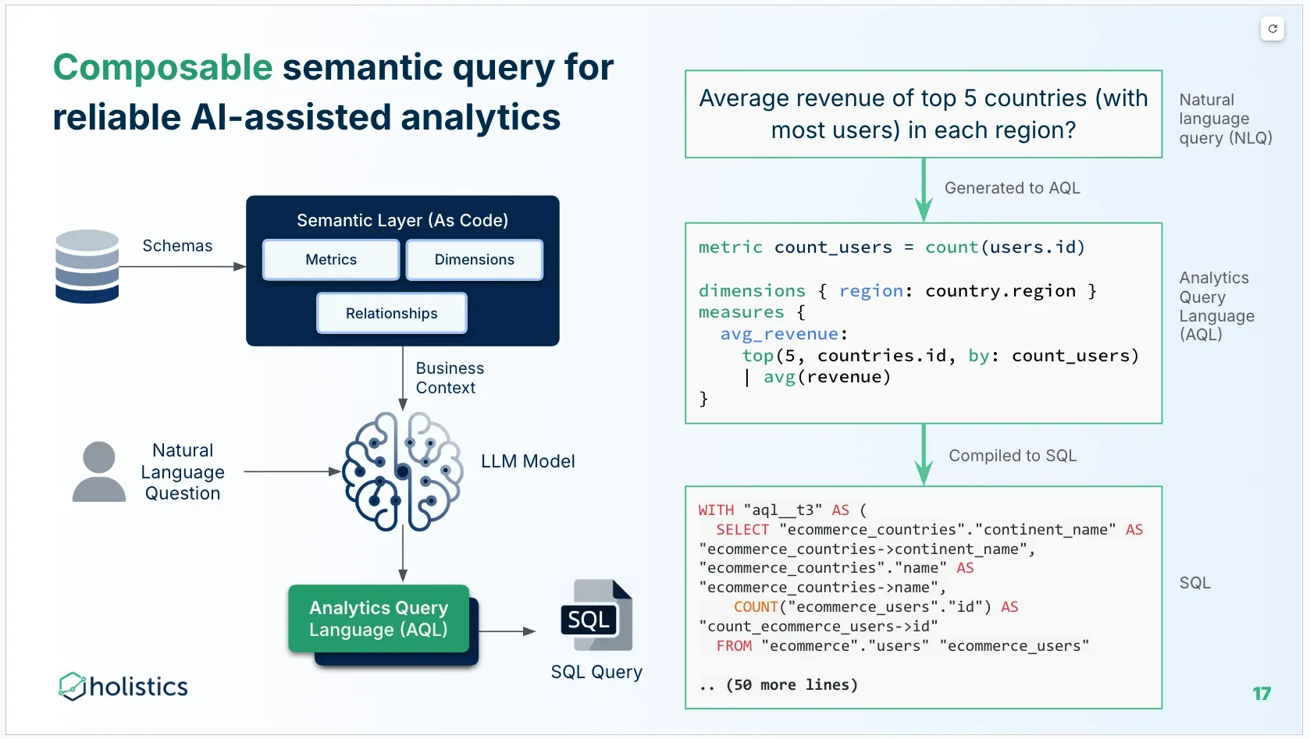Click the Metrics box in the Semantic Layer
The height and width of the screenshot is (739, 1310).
[x=331, y=260]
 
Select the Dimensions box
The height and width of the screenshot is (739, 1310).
[x=474, y=260]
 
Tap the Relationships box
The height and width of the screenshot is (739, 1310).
[x=391, y=313]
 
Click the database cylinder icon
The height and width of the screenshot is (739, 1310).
[x=87, y=266]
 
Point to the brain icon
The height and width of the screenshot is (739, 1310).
[x=403, y=471]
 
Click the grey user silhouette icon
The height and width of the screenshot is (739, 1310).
[x=99, y=471]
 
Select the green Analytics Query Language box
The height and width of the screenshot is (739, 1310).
[x=379, y=619]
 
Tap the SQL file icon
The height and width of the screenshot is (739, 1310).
[x=596, y=616]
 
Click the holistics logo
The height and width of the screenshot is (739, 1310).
[x=123, y=686]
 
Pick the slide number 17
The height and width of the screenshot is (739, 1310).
[x=1262, y=694]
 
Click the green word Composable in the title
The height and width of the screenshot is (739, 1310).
[x=162, y=67]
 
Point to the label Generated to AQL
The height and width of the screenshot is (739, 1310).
[x=1012, y=188]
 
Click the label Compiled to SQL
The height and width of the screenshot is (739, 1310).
[x=1012, y=456]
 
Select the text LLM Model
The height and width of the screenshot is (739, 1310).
[x=528, y=461]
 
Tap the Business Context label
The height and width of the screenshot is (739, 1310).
[x=449, y=378]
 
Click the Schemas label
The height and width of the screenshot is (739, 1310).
[x=177, y=246]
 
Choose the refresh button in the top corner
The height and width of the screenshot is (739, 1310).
[x=1273, y=29]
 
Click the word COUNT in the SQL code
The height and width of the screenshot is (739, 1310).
[x=756, y=607]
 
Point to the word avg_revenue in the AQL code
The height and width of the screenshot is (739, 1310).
[x=779, y=334]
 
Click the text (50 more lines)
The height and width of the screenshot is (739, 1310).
[x=792, y=685]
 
